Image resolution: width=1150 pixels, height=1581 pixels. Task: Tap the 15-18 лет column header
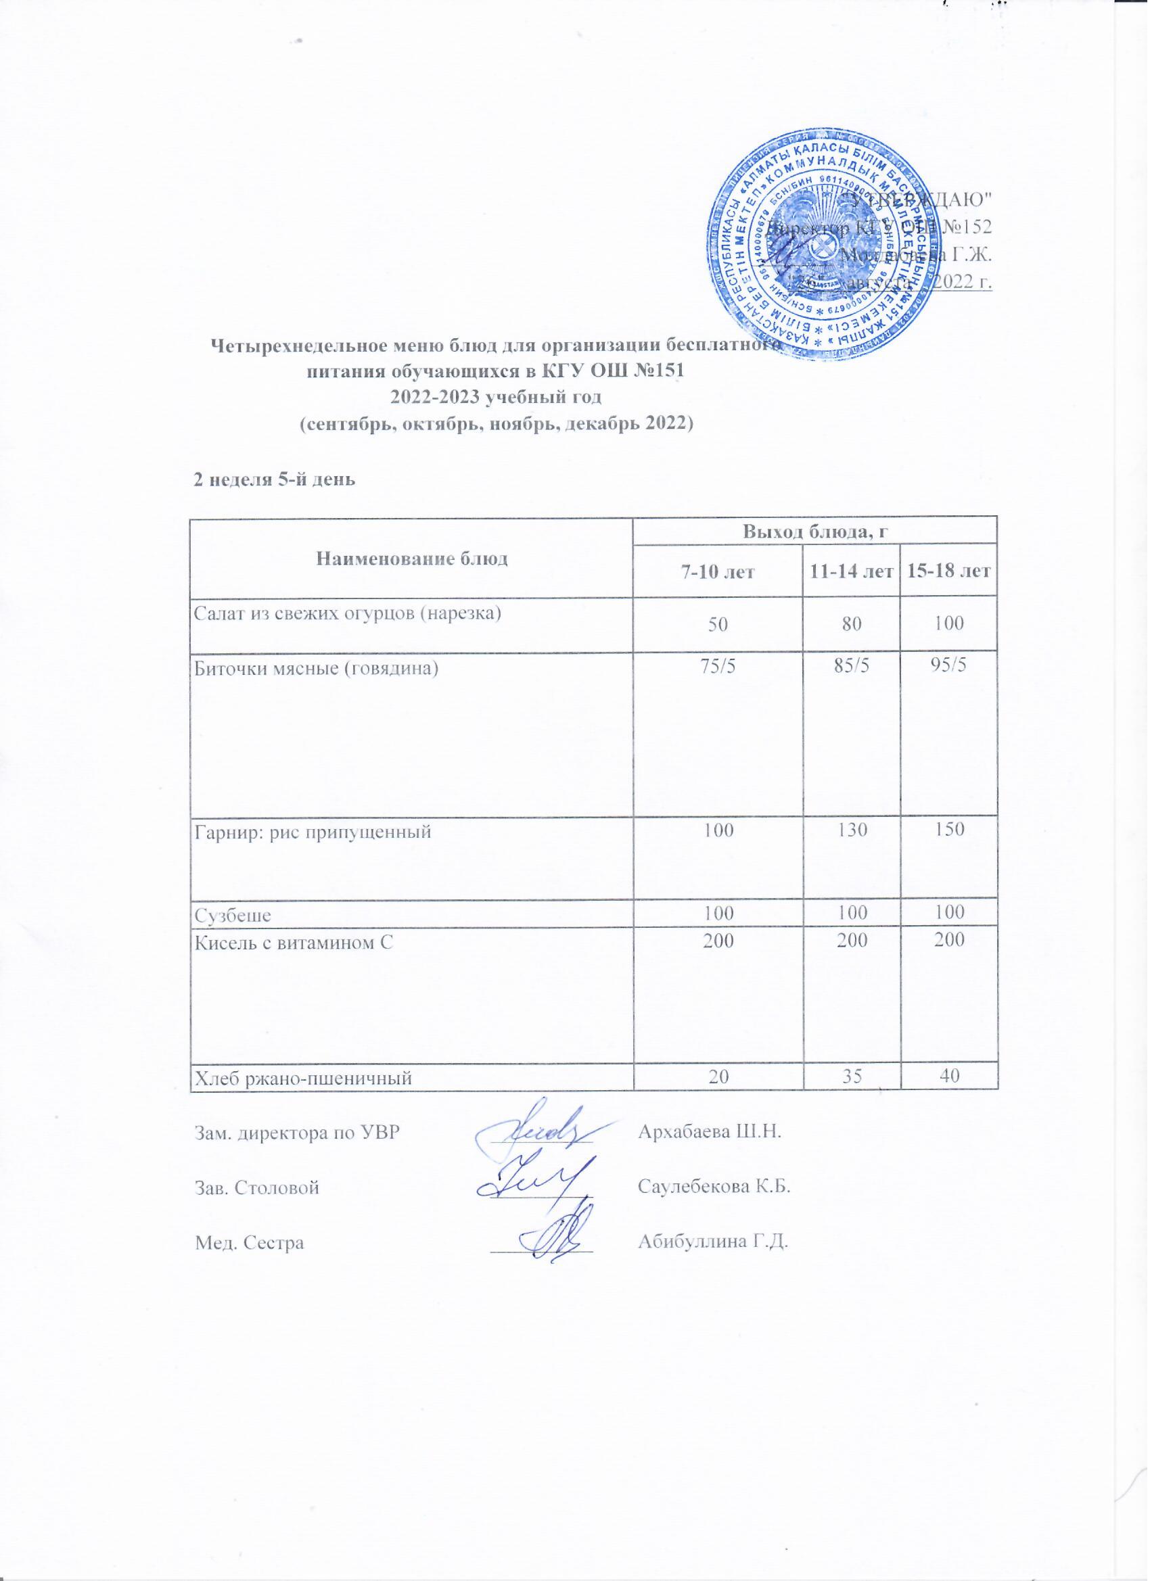pos(948,572)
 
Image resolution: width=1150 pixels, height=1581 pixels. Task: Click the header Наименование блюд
pos(412,558)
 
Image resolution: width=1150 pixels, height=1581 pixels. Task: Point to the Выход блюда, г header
pos(814,532)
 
